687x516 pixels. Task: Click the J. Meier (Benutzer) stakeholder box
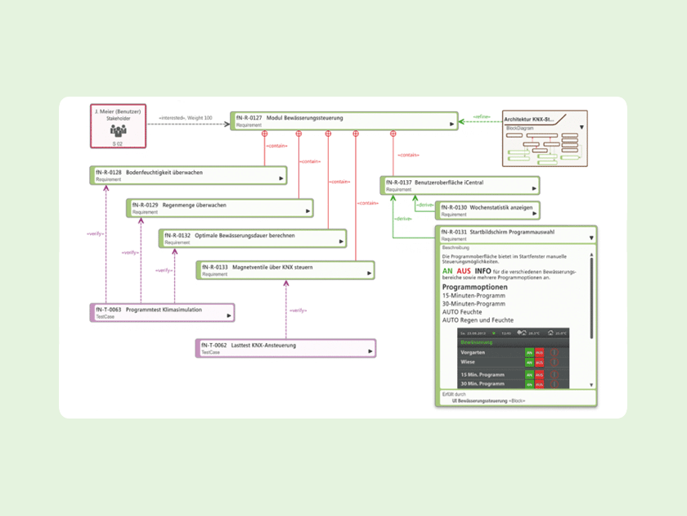point(118,125)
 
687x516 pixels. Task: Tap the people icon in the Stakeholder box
point(118,130)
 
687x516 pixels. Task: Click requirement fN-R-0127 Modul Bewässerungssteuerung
point(343,121)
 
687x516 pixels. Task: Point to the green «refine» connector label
point(481,117)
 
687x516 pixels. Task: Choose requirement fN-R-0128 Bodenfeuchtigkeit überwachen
point(188,175)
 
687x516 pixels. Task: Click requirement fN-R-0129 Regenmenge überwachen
point(219,208)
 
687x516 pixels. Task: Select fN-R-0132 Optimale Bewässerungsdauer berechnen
point(252,238)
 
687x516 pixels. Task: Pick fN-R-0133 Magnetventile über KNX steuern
point(285,270)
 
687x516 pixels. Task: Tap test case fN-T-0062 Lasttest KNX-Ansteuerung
point(285,348)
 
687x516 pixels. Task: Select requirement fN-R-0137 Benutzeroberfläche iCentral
point(460,185)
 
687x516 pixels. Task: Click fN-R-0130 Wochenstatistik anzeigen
point(487,210)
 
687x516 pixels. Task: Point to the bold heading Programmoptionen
point(475,287)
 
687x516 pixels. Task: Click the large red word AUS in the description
point(464,270)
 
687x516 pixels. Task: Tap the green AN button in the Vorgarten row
point(529,352)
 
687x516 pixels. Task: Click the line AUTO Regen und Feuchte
point(478,320)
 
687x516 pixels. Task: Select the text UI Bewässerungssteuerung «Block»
point(490,401)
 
